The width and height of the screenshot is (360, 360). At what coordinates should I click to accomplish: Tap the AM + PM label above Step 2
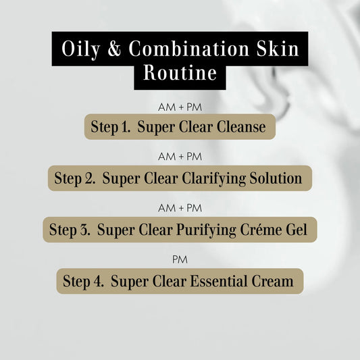click(180, 157)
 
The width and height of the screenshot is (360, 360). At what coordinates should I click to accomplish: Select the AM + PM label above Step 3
click(180, 207)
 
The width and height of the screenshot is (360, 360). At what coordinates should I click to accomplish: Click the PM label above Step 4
click(180, 259)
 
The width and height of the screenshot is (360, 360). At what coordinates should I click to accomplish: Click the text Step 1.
click(110, 127)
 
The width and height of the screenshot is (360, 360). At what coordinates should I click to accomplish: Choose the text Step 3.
click(70, 230)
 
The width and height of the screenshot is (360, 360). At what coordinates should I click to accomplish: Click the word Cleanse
click(240, 127)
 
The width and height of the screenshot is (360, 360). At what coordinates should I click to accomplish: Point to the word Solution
click(278, 178)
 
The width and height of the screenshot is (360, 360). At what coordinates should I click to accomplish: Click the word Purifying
click(222, 230)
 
